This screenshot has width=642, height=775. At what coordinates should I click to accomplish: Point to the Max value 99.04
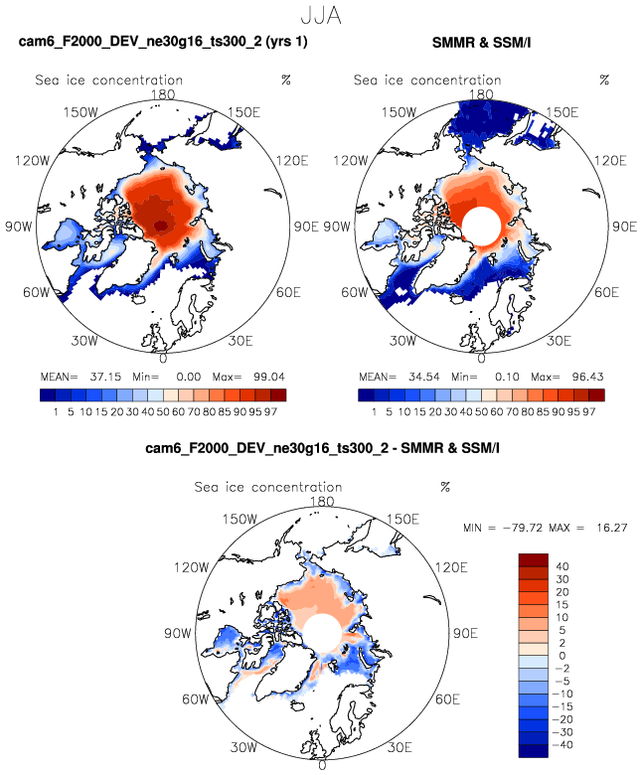tap(263, 379)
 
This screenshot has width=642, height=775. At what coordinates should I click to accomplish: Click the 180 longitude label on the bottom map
tap(322, 503)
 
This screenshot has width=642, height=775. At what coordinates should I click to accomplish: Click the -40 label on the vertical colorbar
tap(566, 744)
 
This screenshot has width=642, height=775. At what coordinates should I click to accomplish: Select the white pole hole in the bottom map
tap(322, 633)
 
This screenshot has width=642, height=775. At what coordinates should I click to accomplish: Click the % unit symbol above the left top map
tap(285, 79)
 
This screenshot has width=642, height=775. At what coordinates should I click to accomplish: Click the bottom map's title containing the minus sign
tap(321, 449)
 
